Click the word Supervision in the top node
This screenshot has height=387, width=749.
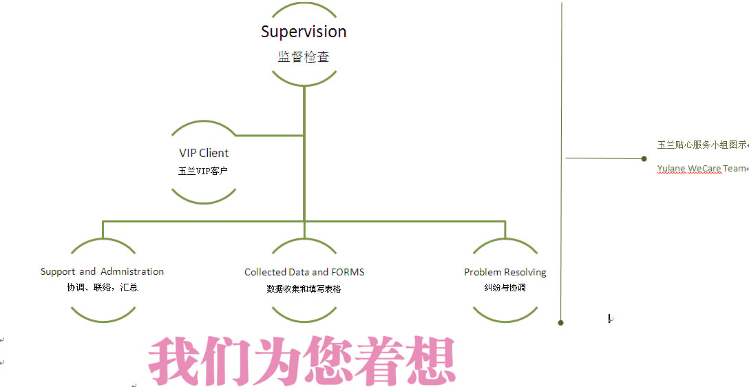click(304, 32)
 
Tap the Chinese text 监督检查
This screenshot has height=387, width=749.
click(304, 57)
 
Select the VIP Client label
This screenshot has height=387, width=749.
click(204, 153)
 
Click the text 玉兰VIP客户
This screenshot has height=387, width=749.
click(203, 171)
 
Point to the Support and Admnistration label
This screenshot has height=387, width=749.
click(102, 271)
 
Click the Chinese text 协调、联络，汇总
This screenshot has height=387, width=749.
click(102, 287)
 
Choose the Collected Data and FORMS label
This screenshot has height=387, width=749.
click(304, 272)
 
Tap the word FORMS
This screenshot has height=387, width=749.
click(348, 272)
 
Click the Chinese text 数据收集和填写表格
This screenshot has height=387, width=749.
click(304, 289)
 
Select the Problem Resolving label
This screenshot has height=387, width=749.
click(505, 272)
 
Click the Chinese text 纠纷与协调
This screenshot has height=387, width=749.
click(505, 288)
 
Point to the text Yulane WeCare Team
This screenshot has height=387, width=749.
click(701, 168)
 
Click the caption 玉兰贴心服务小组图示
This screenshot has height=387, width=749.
click(701, 145)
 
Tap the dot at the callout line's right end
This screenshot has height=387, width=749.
click(644, 158)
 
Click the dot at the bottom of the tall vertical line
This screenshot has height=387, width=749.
click(561, 322)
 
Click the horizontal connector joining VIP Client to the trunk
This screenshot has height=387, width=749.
click(270, 136)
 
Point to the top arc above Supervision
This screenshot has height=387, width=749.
click(304, 4)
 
